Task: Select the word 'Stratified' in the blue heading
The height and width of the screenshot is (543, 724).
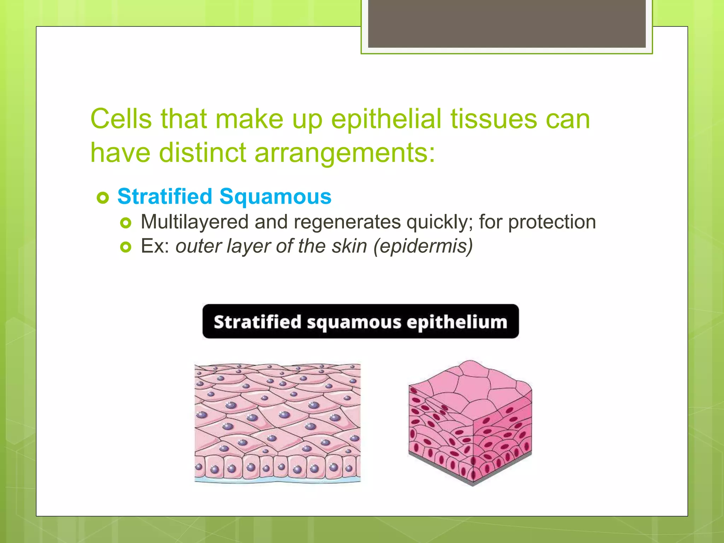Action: coord(165,196)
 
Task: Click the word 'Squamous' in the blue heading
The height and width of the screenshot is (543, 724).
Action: coord(275,196)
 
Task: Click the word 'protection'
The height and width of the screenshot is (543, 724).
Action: coord(552,222)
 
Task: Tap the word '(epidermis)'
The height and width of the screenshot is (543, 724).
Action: coord(423,246)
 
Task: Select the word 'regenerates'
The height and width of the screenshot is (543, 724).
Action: coord(347,222)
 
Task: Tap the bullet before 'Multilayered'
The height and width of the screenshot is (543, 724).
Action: coord(125,223)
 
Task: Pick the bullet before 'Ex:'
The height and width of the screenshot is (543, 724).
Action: coord(125,247)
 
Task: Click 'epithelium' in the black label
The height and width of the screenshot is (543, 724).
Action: coord(457,322)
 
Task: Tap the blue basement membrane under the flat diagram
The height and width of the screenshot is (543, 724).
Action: coord(278,480)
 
